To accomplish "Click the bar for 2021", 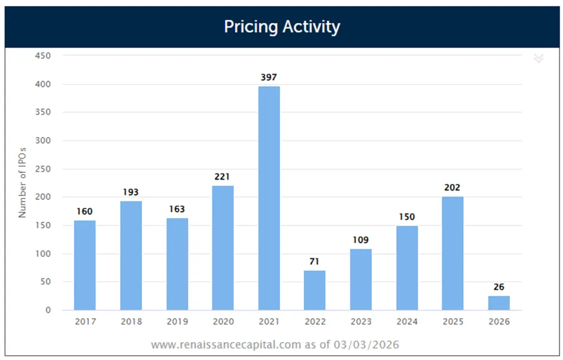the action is [269, 198].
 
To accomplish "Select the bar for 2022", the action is [315, 290].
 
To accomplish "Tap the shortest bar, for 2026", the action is [499, 303].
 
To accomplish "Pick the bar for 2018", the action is [131, 256].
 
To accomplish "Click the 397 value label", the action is [269, 77].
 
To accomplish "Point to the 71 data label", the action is [314, 262].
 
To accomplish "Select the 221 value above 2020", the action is [222, 177].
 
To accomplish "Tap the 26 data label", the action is [499, 287].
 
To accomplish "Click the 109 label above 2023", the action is [360, 240].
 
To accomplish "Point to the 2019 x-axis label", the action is [178, 322].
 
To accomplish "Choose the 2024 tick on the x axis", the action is [407, 322].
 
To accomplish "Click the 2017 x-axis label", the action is [85, 322].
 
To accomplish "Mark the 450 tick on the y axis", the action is [43, 55].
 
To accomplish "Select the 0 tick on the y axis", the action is [48, 310].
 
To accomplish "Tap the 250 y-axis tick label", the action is [43, 169].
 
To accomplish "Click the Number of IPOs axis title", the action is [22, 182].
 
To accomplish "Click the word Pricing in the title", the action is [251, 27].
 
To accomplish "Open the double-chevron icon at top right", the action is [539, 58].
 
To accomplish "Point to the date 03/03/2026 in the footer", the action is [366, 345].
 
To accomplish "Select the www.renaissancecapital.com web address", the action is [226, 345].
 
